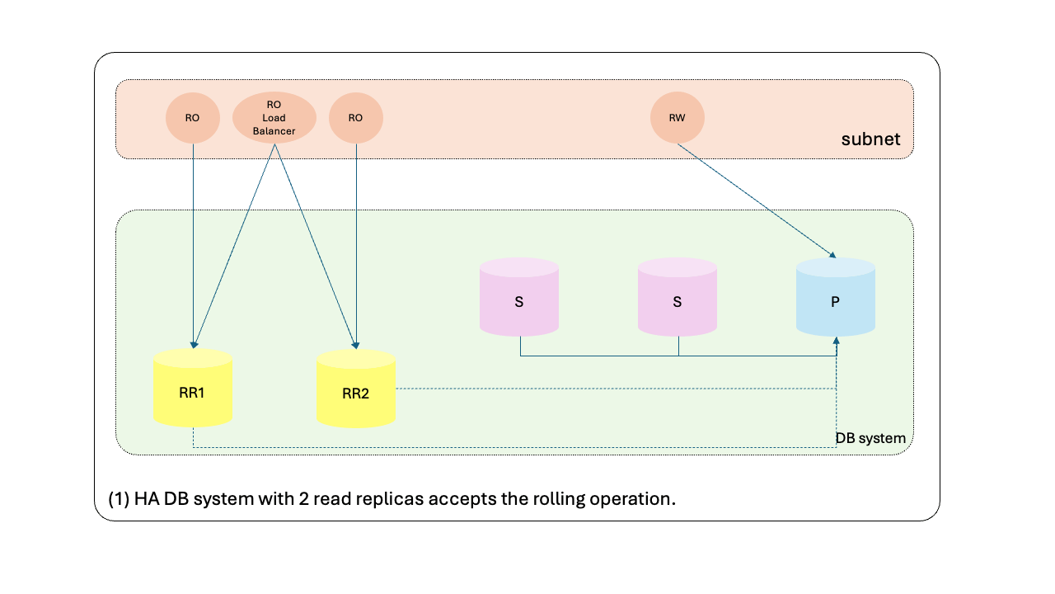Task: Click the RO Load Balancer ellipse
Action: pyautogui.click(x=274, y=118)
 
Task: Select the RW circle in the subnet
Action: pyautogui.click(x=677, y=118)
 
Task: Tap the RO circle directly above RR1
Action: pyautogui.click(x=192, y=118)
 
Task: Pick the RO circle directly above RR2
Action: pyautogui.click(x=355, y=118)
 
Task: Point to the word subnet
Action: pyautogui.click(x=870, y=139)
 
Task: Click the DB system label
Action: pyautogui.click(x=870, y=438)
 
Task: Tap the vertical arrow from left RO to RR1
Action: pyautogui.click(x=192, y=247)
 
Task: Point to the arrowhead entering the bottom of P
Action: pyautogui.click(x=837, y=340)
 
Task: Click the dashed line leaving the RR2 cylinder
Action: pyautogui.click(x=577, y=389)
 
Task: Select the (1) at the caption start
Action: pyautogui.click(x=118, y=500)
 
